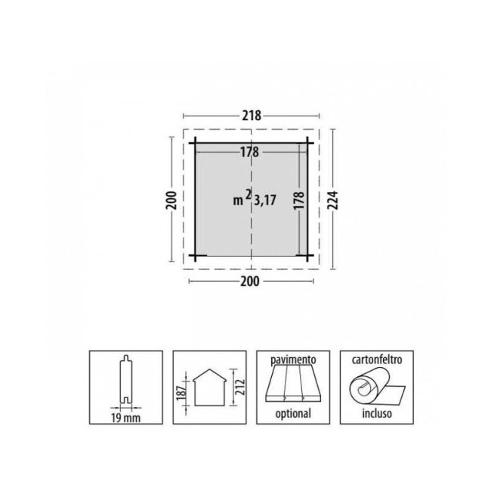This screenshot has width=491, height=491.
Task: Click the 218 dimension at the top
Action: point(252,116)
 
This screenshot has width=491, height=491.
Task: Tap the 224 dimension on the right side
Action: point(333,200)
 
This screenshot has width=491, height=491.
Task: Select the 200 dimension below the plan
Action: point(250,282)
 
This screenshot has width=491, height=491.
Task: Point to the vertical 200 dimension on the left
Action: point(171,200)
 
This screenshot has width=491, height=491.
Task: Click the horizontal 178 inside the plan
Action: point(249,152)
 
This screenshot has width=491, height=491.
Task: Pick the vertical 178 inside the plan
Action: point(299,200)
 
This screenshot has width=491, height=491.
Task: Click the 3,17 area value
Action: point(265,200)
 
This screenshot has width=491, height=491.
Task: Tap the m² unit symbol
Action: point(242,198)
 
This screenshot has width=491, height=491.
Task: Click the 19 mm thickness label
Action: point(126,418)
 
